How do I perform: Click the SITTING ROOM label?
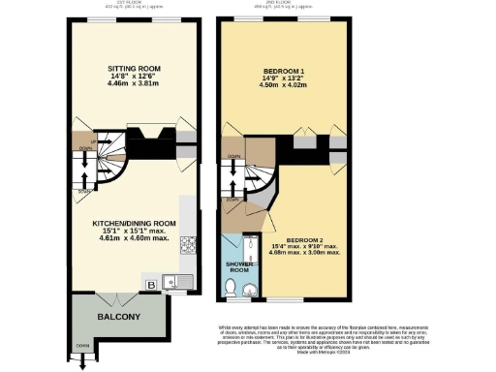click(133, 69)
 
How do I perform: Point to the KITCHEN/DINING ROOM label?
click(134, 223)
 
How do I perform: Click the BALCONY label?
click(118, 318)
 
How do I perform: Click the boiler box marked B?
click(151, 285)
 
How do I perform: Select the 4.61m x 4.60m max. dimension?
click(134, 238)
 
